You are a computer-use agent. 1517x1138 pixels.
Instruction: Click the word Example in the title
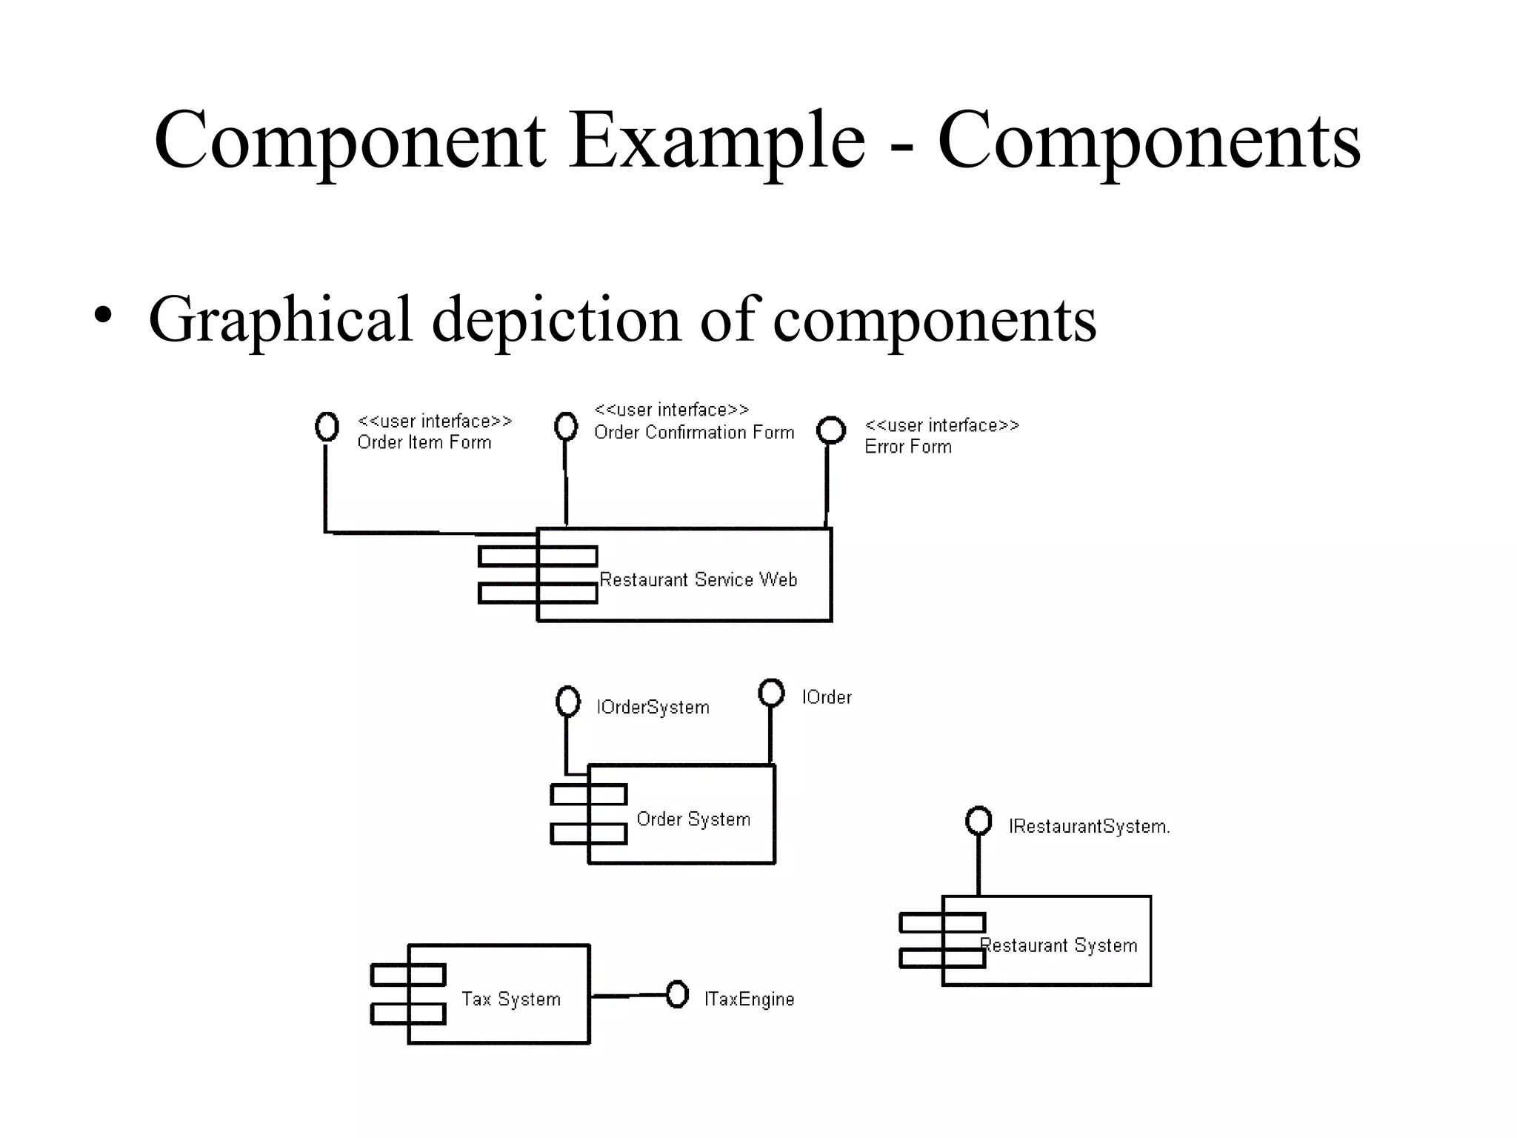click(x=717, y=141)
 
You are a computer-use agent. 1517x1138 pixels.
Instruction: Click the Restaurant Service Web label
click(x=698, y=579)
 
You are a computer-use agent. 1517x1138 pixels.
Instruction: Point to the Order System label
click(x=693, y=819)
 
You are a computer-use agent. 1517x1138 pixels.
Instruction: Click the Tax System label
click(x=510, y=999)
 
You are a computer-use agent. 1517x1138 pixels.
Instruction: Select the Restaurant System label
click(x=1058, y=945)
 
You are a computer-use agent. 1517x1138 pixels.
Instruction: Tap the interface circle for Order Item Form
click(x=327, y=426)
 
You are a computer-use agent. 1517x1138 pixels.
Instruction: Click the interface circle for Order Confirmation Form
click(x=566, y=425)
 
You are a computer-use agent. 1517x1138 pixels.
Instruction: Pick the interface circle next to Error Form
click(x=830, y=430)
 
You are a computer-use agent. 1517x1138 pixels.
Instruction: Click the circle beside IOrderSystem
click(x=568, y=701)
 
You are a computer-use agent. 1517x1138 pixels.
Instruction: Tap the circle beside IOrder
click(x=771, y=693)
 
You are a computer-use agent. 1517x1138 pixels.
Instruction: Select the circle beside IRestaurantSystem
click(x=978, y=820)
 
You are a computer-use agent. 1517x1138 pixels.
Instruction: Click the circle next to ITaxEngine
click(x=677, y=994)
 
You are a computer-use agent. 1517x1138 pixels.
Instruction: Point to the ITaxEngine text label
click(x=749, y=999)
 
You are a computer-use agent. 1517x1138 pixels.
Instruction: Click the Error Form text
click(x=908, y=447)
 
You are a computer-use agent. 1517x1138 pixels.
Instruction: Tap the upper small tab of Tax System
click(x=407, y=974)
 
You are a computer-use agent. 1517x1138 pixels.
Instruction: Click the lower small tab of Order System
click(x=588, y=834)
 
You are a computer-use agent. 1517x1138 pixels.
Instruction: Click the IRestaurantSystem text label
click(x=1089, y=826)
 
